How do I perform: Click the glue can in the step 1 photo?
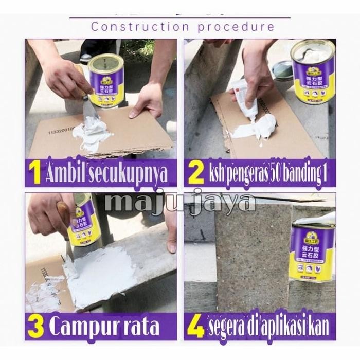105,77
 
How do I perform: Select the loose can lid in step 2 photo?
282,69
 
